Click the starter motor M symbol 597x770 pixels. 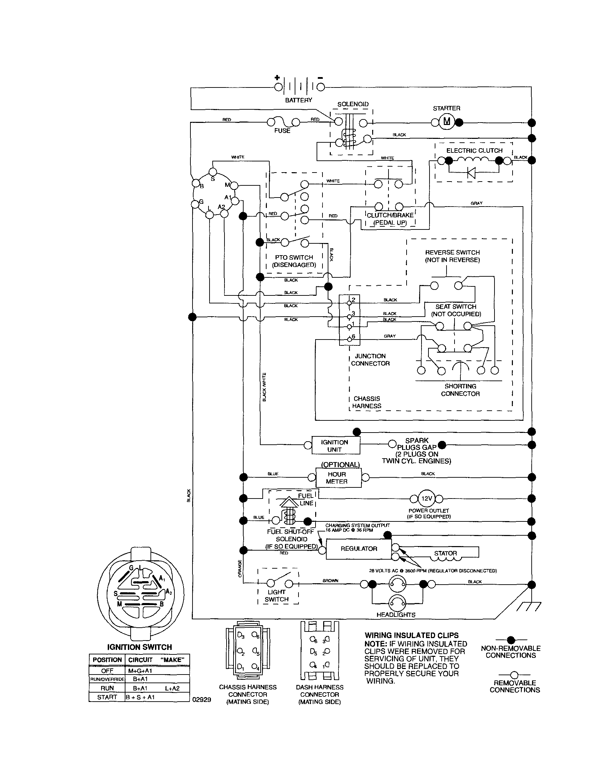pos(447,122)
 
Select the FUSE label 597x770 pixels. pos(282,131)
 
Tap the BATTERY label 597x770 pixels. pos(298,100)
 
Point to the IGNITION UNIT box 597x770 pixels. pos(335,446)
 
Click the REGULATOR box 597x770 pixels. pos(359,549)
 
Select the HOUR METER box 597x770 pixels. pos(337,478)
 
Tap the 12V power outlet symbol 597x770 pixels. pos(427,499)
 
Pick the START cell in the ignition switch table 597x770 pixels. pos(107,697)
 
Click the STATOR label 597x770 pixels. pos(445,553)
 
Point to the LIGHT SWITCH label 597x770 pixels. pos(277,595)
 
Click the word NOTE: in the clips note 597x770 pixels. pos(375,644)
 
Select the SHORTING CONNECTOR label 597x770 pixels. pos(460,390)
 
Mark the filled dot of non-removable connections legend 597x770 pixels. pos(510,639)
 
